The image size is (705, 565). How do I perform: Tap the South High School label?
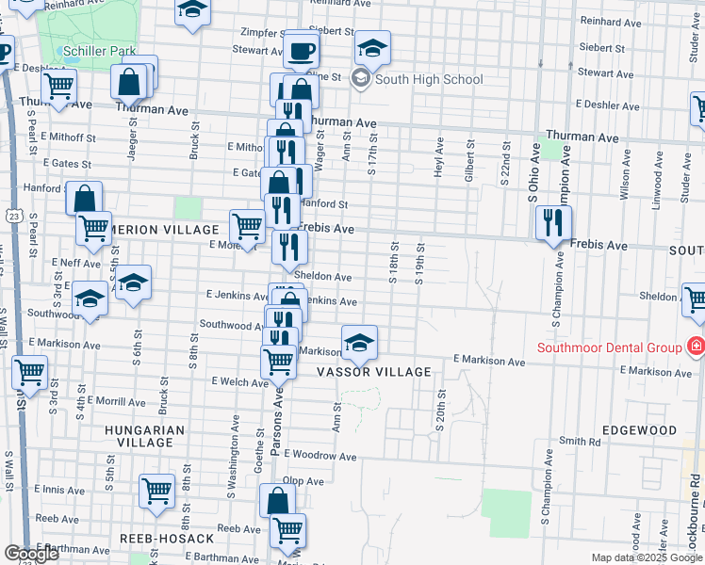[x=428, y=79]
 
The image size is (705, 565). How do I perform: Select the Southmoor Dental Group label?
[x=609, y=347]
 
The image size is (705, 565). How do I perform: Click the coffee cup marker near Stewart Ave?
[x=302, y=51]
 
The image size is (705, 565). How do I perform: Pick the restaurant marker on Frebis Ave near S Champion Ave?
[x=551, y=223]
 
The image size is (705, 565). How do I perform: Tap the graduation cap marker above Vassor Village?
[x=359, y=343]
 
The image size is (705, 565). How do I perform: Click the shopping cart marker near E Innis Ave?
[x=156, y=490]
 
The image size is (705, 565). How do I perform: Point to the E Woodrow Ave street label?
[x=320, y=457]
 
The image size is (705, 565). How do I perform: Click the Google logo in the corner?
[x=30, y=553]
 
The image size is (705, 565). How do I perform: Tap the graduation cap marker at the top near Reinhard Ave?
[x=193, y=11]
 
